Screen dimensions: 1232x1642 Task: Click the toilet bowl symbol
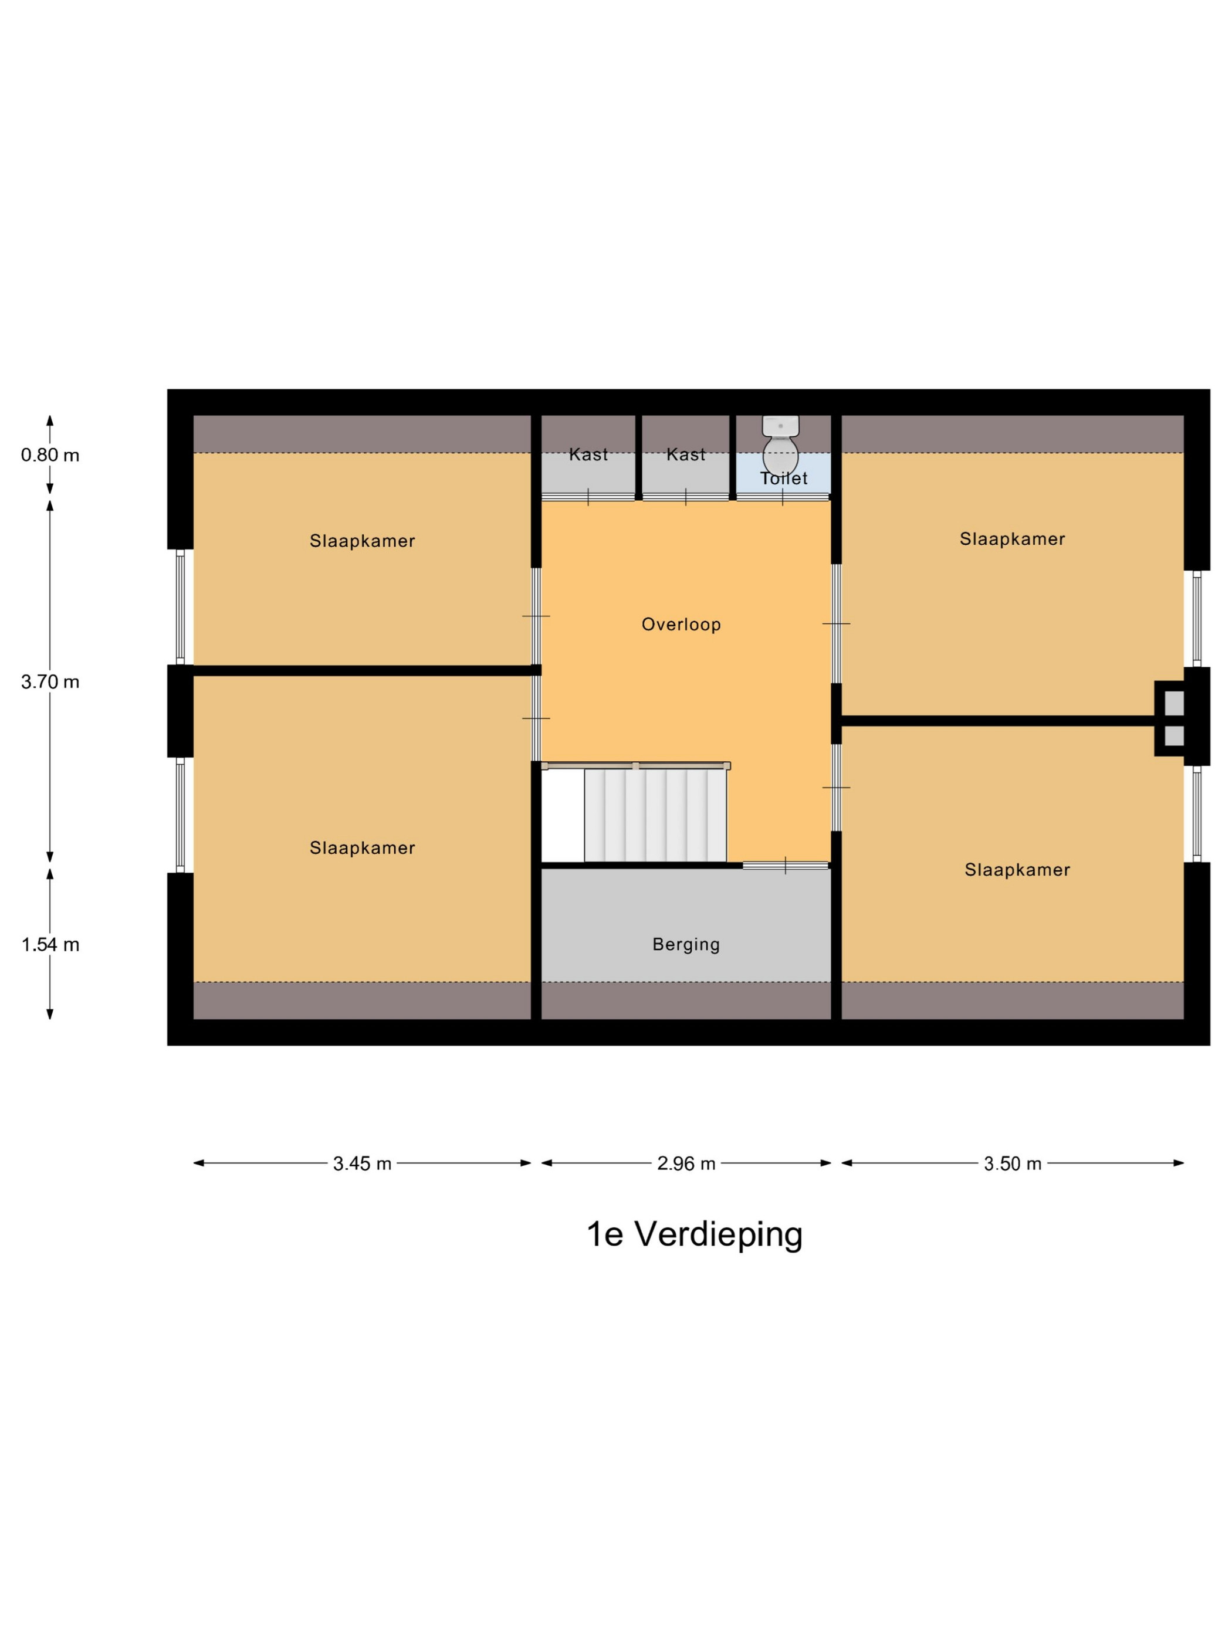(780, 456)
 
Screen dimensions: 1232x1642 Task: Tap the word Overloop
(681, 625)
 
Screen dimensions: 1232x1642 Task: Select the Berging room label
(686, 944)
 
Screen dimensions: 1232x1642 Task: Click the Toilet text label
(783, 478)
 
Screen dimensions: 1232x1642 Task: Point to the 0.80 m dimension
(50, 455)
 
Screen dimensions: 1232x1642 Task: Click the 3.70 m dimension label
(50, 681)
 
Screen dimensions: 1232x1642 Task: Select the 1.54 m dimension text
(50, 944)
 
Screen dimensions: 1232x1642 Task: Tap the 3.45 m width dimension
(363, 1163)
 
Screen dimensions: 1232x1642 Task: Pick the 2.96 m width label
(686, 1163)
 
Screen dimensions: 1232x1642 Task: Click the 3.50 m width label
(1013, 1163)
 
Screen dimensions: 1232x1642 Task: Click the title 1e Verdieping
(695, 1234)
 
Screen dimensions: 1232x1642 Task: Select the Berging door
(786, 865)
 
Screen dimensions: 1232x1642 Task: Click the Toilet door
(783, 497)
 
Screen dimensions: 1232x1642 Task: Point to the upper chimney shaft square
(1174, 701)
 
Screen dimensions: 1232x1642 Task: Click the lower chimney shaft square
(1174, 735)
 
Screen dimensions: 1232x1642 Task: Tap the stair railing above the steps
(636, 765)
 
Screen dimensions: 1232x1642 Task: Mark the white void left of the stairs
(563, 816)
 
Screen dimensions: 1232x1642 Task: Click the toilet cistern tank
(780, 425)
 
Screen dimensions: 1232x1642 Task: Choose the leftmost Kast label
(588, 454)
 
